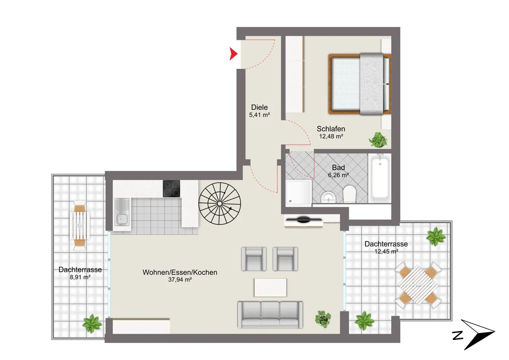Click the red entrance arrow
click(x=233, y=54)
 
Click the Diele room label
click(x=259, y=107)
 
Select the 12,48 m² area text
click(x=331, y=136)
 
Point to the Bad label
click(x=338, y=167)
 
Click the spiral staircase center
click(x=220, y=204)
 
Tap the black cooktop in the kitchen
click(x=171, y=189)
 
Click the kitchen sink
click(x=122, y=212)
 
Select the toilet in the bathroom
click(x=349, y=194)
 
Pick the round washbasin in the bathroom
click(x=328, y=197)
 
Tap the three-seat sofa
click(x=270, y=315)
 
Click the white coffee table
click(x=270, y=288)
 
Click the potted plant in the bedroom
click(x=378, y=140)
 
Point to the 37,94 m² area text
click(x=180, y=280)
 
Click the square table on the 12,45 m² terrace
click(x=418, y=285)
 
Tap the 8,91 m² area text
click(x=80, y=277)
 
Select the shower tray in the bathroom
click(x=299, y=193)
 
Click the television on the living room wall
click(x=303, y=220)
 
